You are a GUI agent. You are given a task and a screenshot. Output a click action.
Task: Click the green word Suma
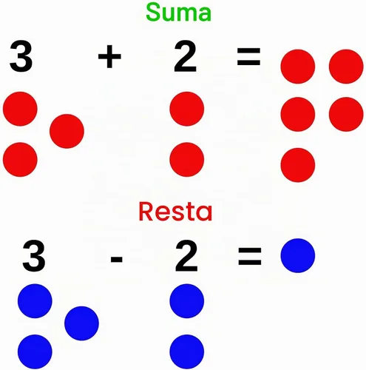pos(178,13)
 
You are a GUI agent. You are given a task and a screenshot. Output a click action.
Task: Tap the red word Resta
pos(175,212)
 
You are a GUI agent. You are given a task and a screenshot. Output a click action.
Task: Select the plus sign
pos(109,56)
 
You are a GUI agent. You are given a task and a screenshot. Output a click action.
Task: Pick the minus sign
pos(117,259)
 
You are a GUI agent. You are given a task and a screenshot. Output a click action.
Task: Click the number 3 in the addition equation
pos(21,56)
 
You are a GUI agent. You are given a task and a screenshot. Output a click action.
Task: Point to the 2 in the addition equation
pos(186,56)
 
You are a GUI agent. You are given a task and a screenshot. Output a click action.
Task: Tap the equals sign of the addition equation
pos(248,56)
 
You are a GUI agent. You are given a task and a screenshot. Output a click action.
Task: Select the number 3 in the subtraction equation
pos(34,256)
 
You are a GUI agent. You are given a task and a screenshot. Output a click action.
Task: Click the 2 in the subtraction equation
pos(186,256)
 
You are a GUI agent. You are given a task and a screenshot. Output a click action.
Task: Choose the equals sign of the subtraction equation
pos(250,257)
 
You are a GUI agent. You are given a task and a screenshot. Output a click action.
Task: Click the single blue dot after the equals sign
pos(298,255)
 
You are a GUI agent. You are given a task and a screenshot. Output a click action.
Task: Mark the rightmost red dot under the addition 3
pos(67,131)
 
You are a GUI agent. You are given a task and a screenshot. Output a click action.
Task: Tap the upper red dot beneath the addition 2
pos(187,109)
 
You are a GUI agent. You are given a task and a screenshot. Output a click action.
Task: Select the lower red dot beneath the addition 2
pos(187,160)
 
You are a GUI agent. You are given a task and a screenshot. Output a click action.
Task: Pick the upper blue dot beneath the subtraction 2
pos(187,301)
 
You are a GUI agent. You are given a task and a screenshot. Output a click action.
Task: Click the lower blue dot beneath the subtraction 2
pos(187,351)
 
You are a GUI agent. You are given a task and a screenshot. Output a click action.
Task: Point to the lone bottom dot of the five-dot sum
pos(298,165)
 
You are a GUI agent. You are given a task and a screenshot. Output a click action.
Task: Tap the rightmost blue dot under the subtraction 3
pos(81,323)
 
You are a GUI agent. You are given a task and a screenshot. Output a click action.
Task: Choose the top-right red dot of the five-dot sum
pos(346,67)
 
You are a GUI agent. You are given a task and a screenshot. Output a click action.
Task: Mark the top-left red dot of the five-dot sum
pos(298,67)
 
